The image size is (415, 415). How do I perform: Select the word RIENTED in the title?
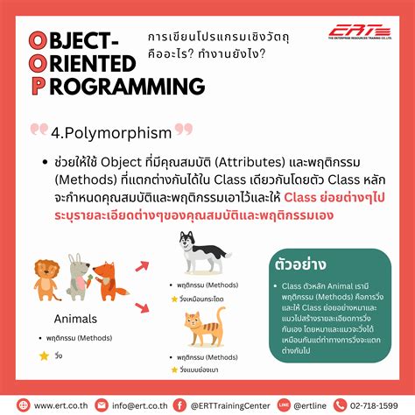click(x=93, y=64)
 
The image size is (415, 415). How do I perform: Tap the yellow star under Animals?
click(x=44, y=355)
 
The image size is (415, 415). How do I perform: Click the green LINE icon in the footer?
click(x=284, y=404)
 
